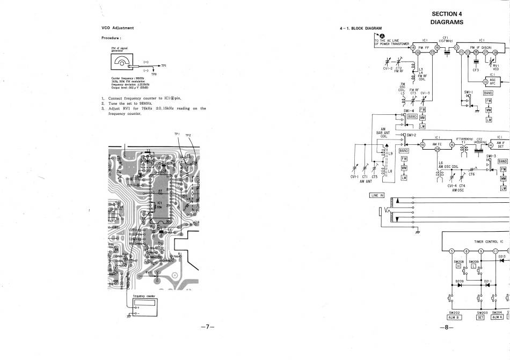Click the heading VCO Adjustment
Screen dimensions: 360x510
click(x=118, y=28)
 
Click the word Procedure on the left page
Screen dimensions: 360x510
click(x=111, y=38)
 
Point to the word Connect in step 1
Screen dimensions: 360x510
click(x=116, y=99)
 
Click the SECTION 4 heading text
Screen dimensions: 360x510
click(x=446, y=14)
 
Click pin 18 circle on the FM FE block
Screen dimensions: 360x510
click(x=413, y=48)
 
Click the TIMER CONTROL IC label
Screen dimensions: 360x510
click(x=486, y=242)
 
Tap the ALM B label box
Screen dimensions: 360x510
click(x=454, y=317)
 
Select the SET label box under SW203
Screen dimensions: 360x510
click(x=480, y=317)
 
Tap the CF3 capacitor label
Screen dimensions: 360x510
click(x=476, y=70)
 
